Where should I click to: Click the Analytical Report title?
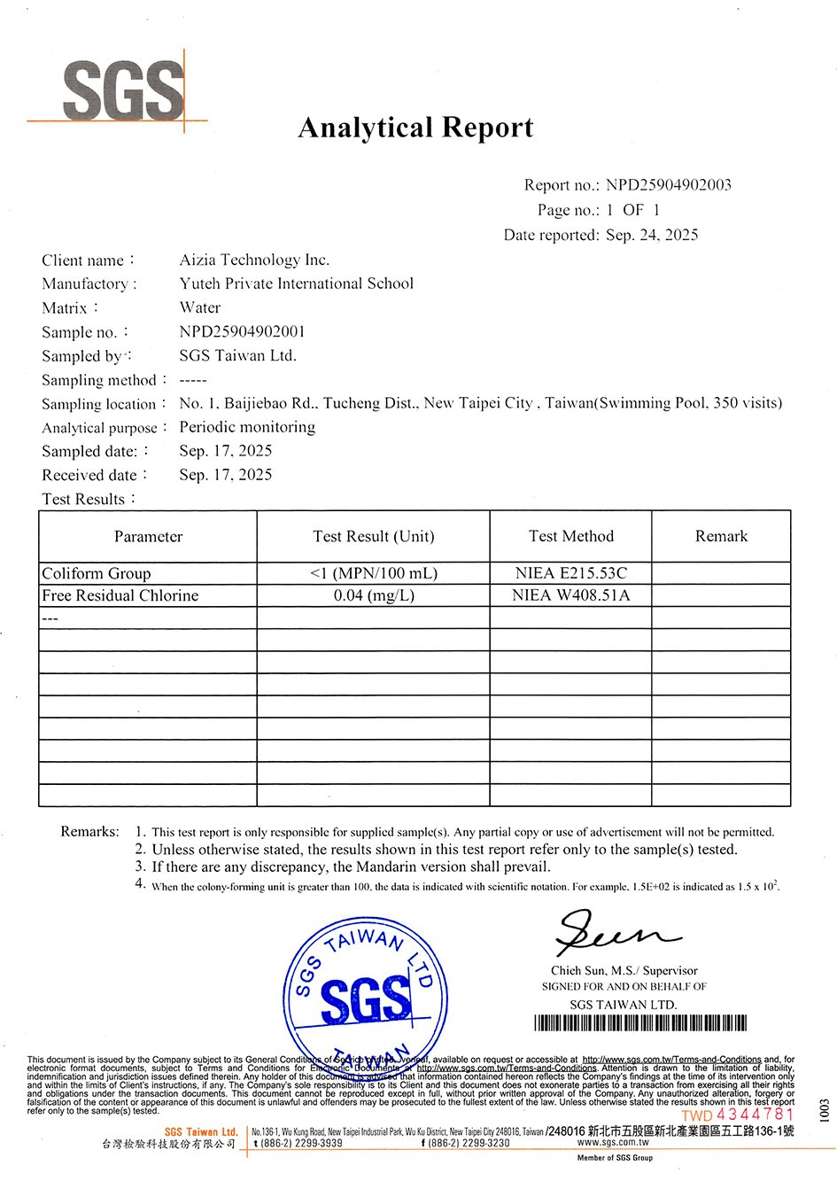(415, 128)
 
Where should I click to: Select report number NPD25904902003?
(669, 185)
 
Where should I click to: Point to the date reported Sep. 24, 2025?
(652, 235)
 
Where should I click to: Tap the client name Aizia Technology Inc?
(254, 260)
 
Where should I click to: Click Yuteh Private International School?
(296, 284)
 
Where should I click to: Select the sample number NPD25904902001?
(242, 331)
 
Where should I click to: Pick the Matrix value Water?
(199, 307)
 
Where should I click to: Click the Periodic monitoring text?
(247, 426)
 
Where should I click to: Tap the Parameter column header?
(148, 536)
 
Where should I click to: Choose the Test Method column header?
(570, 536)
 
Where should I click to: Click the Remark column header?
(721, 536)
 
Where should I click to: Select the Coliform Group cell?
(97, 573)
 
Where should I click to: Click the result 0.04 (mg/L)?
(374, 595)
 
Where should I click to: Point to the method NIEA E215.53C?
(570, 573)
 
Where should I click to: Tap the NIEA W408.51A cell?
(570, 595)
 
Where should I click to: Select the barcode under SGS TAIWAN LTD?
(640, 1024)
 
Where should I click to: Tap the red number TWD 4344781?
(738, 1115)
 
